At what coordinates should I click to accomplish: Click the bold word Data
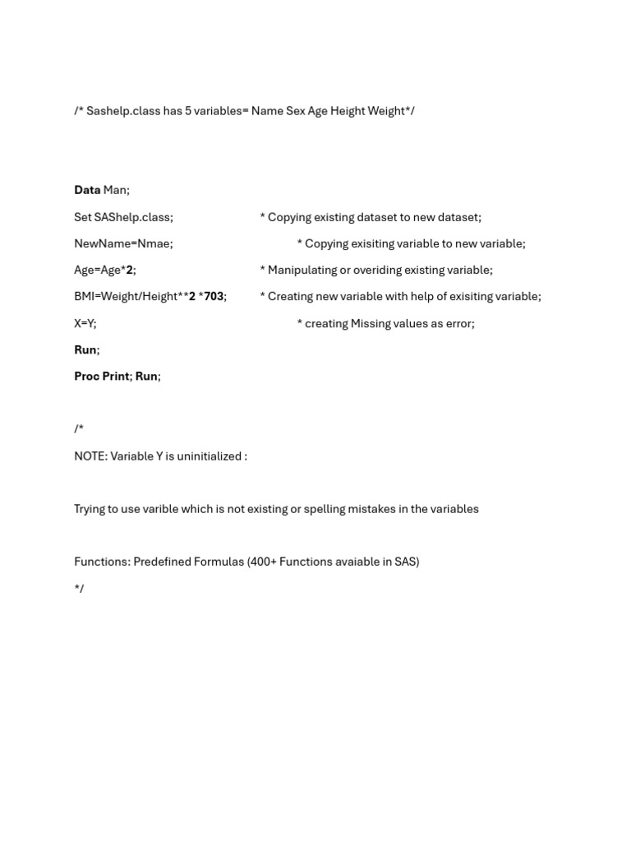(x=87, y=190)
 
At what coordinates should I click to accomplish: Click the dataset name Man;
(x=116, y=190)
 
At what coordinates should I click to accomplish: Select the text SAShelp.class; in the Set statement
(x=134, y=217)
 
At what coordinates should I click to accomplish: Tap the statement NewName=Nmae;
(x=123, y=243)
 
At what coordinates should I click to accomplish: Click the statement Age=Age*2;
(x=105, y=270)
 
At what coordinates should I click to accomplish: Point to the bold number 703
(x=214, y=296)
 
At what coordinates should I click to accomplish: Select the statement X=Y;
(x=85, y=323)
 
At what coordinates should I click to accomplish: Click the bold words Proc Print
(x=102, y=376)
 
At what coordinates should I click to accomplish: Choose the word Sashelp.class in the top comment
(x=123, y=111)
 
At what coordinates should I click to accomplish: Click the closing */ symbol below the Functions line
(x=79, y=589)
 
